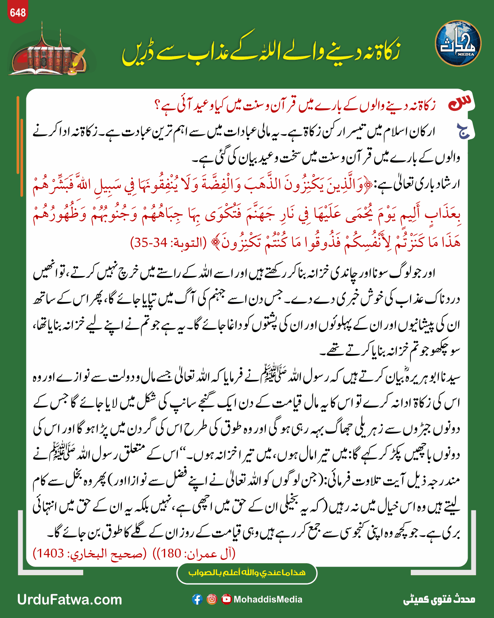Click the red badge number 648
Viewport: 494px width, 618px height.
pos(18,13)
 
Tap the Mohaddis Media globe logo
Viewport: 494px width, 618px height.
pos(458,44)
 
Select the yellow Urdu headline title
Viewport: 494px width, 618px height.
pos(260,51)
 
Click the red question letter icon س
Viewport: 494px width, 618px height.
pos(461,103)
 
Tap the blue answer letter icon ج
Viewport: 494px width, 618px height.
pos(465,131)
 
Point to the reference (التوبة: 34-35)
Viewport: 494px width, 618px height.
pos(168,242)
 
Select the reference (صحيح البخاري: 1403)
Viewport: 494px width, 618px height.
pos(90,553)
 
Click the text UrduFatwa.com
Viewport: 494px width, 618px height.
pos(70,599)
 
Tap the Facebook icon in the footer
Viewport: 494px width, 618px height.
pos(197,599)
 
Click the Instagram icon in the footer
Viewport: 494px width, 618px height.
pos(212,599)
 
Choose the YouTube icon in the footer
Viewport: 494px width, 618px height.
pos(226,599)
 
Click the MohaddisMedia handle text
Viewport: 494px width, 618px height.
pos(268,599)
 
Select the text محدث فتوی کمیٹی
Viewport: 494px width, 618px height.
pos(439,599)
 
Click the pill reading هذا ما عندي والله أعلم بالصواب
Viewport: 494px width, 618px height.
pos(247,573)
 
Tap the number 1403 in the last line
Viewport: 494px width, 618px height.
pos(51,553)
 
